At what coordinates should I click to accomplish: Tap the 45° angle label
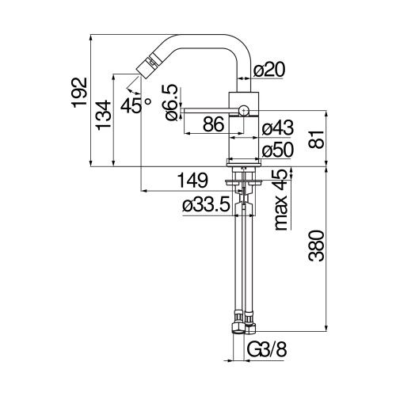[135, 105]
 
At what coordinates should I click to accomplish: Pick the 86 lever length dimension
[211, 124]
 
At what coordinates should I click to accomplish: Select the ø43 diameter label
[277, 127]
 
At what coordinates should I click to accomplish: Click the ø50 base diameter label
[277, 149]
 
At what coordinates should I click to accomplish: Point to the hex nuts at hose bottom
[243, 326]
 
